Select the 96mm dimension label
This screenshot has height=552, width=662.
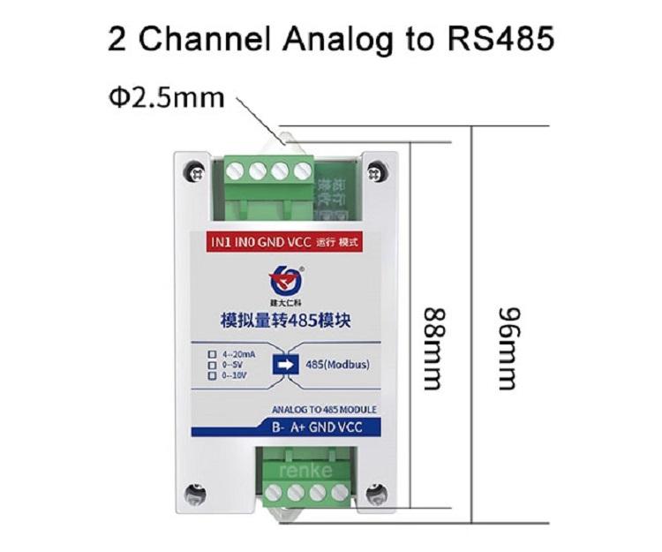(x=507, y=348)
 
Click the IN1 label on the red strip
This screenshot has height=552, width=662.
(x=222, y=239)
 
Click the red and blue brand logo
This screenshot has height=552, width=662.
(x=285, y=280)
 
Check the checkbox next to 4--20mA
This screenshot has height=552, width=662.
(x=212, y=355)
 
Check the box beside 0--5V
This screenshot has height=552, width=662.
(x=212, y=366)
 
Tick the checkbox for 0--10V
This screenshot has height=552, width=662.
(x=212, y=376)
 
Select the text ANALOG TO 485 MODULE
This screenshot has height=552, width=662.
(x=326, y=409)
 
